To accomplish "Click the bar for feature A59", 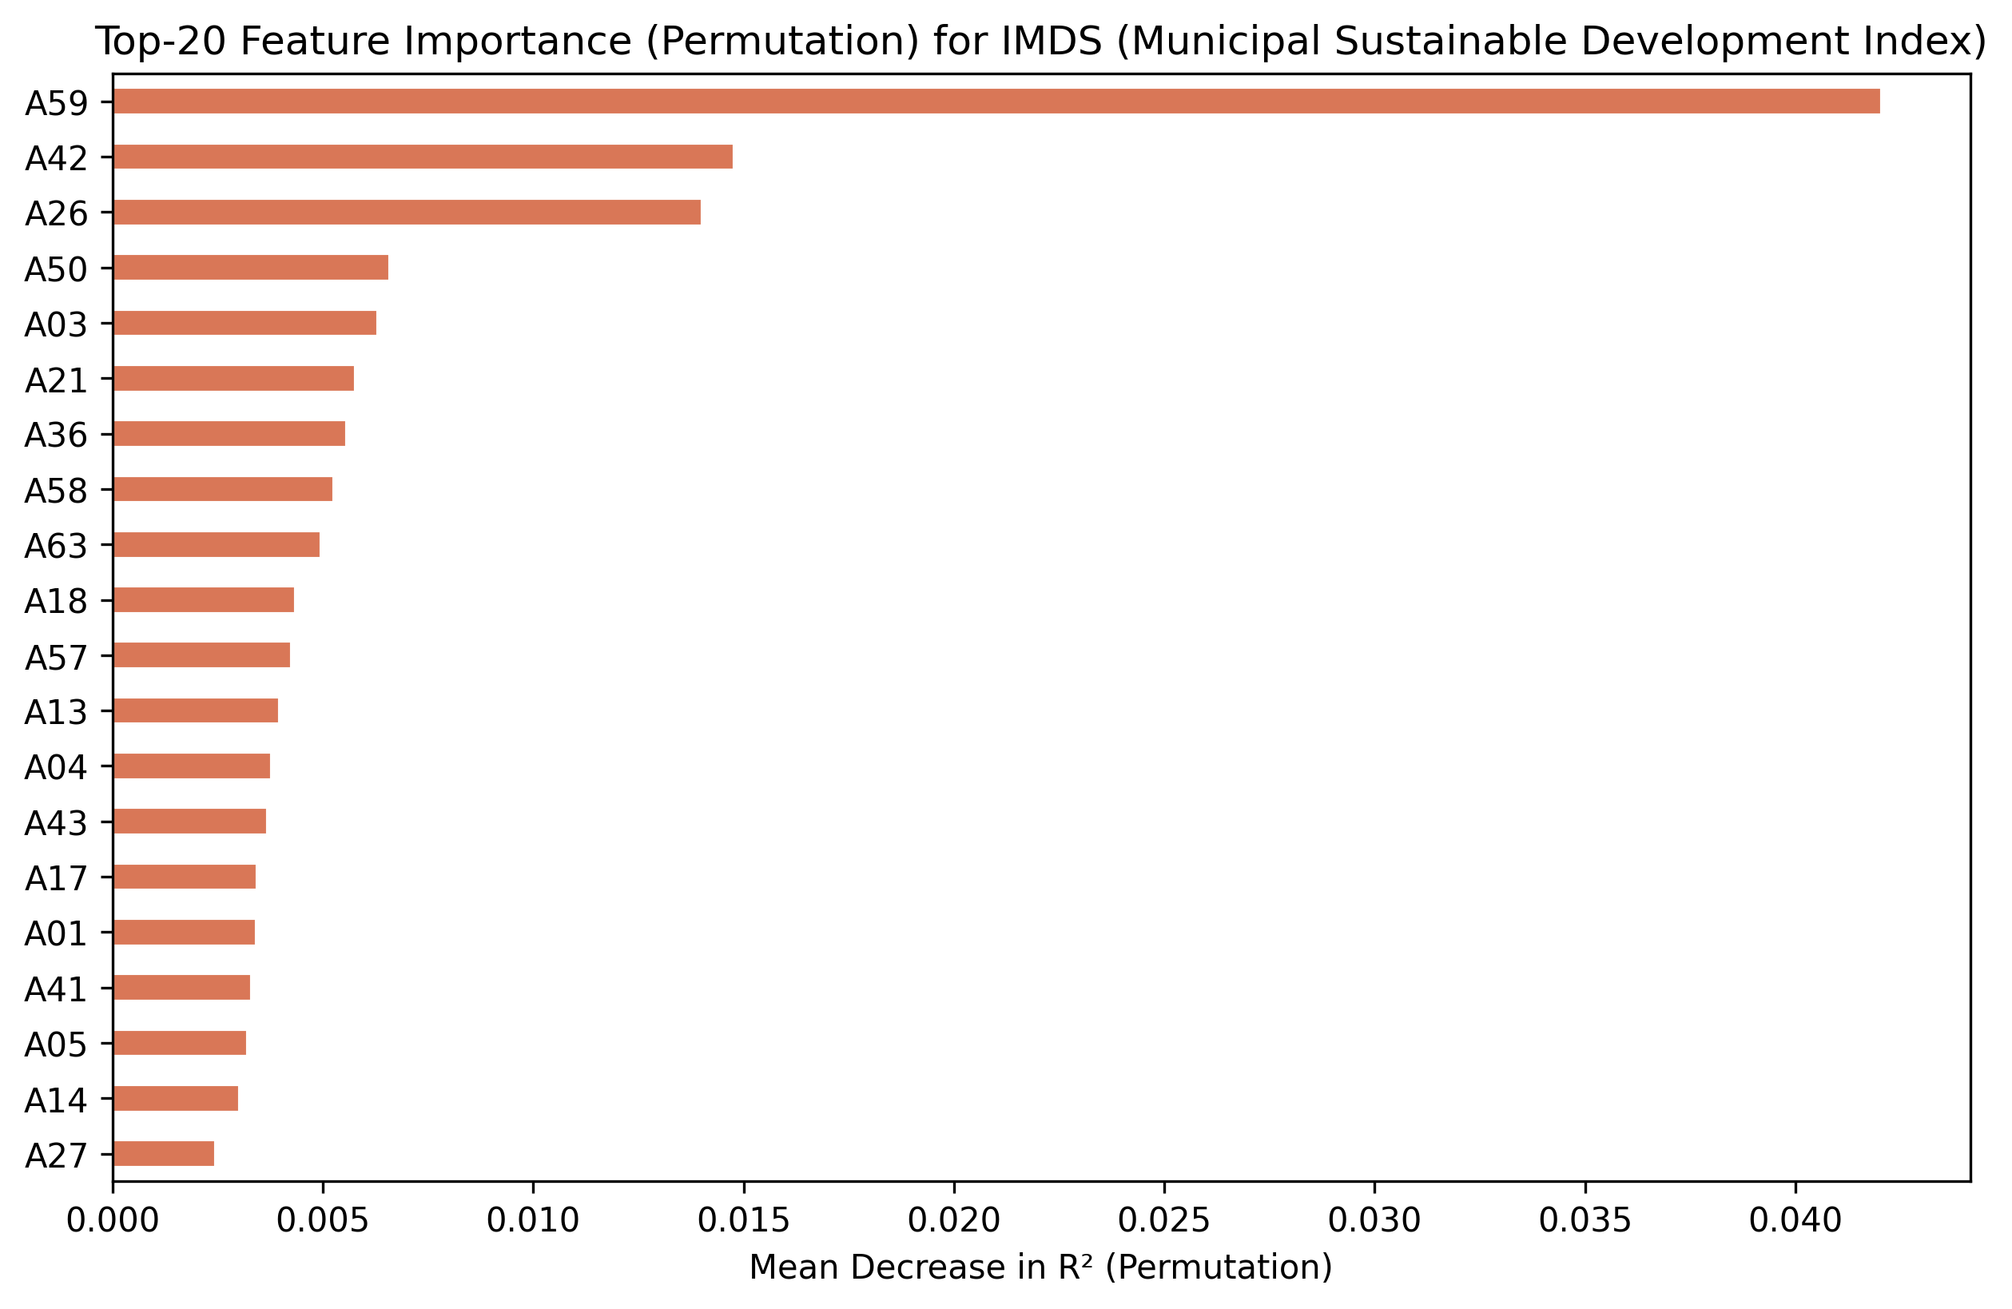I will pyautogui.click(x=996, y=101).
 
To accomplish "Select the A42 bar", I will pyautogui.click(x=423, y=157).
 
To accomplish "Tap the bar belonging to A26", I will pyautogui.click(x=407, y=213).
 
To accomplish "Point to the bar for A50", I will pyautogui.click(x=250, y=267).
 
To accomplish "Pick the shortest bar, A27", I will pyautogui.click(x=163, y=1153).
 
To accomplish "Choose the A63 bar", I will pyautogui.click(x=217, y=544).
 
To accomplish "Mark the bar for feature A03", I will pyautogui.click(x=245, y=323).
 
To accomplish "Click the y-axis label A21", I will pyautogui.click(x=56, y=381).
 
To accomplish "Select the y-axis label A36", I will pyautogui.click(x=56, y=436).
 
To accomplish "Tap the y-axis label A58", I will pyautogui.click(x=56, y=491).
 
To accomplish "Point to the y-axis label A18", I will pyautogui.click(x=56, y=602).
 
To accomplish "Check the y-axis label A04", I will pyautogui.click(x=56, y=768).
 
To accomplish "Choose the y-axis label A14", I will pyautogui.click(x=56, y=1101).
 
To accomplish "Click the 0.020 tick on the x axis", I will pyautogui.click(x=953, y=1221).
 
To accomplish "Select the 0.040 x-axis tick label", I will pyautogui.click(x=1795, y=1221).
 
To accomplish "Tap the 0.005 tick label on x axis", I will pyautogui.click(x=323, y=1221).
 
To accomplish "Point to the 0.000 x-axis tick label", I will pyautogui.click(x=113, y=1221).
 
